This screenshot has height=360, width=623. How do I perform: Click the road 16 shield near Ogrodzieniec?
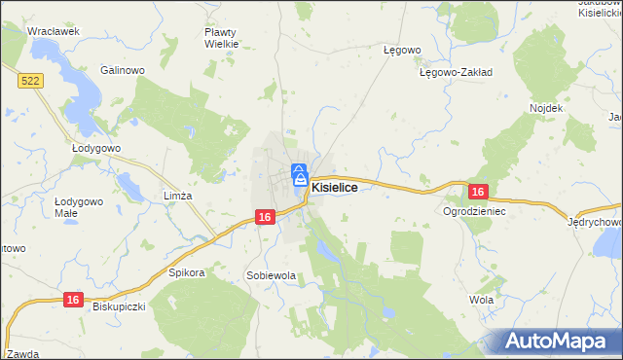(x=477, y=193)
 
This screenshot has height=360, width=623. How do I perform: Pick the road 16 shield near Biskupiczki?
(x=71, y=302)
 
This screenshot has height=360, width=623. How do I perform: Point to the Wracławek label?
(x=53, y=31)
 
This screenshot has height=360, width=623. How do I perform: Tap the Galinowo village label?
(x=123, y=70)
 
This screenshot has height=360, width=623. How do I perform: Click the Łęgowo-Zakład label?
(x=456, y=72)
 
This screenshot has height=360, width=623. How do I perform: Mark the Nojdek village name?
(x=546, y=107)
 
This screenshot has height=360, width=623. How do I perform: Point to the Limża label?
(x=178, y=196)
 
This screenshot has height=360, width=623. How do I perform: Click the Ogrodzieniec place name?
(x=476, y=210)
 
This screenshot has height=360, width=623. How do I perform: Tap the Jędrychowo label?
(x=595, y=222)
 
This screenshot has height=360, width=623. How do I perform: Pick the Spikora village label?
(x=187, y=272)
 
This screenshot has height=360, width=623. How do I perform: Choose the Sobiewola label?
(x=271, y=275)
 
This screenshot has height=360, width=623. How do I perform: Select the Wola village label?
(x=481, y=300)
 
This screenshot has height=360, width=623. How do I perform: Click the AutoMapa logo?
(x=560, y=341)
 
